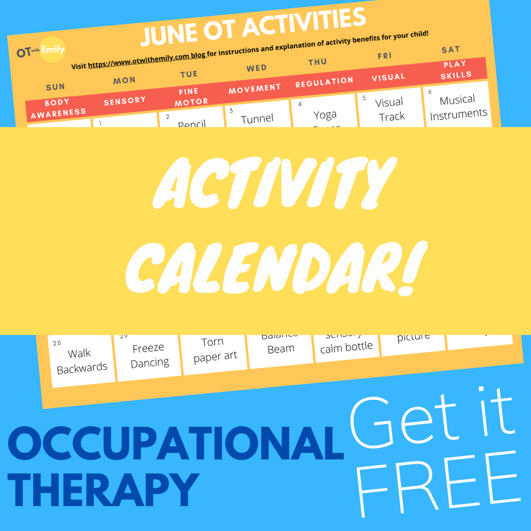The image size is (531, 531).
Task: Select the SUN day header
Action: pos(55,88)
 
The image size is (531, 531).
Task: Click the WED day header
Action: pos(257,68)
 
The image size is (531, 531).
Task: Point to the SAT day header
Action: pos(451,50)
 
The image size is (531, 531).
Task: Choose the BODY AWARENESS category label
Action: pos(58,107)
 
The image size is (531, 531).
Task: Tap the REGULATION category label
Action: pos(324,82)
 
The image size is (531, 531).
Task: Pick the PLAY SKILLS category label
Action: pos(455,69)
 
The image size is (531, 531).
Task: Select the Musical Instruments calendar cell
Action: pos(458,107)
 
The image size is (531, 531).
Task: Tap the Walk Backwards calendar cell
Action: pos(81,360)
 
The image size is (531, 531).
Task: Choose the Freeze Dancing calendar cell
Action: pos(149,355)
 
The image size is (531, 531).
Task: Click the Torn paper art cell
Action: pos(214,349)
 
